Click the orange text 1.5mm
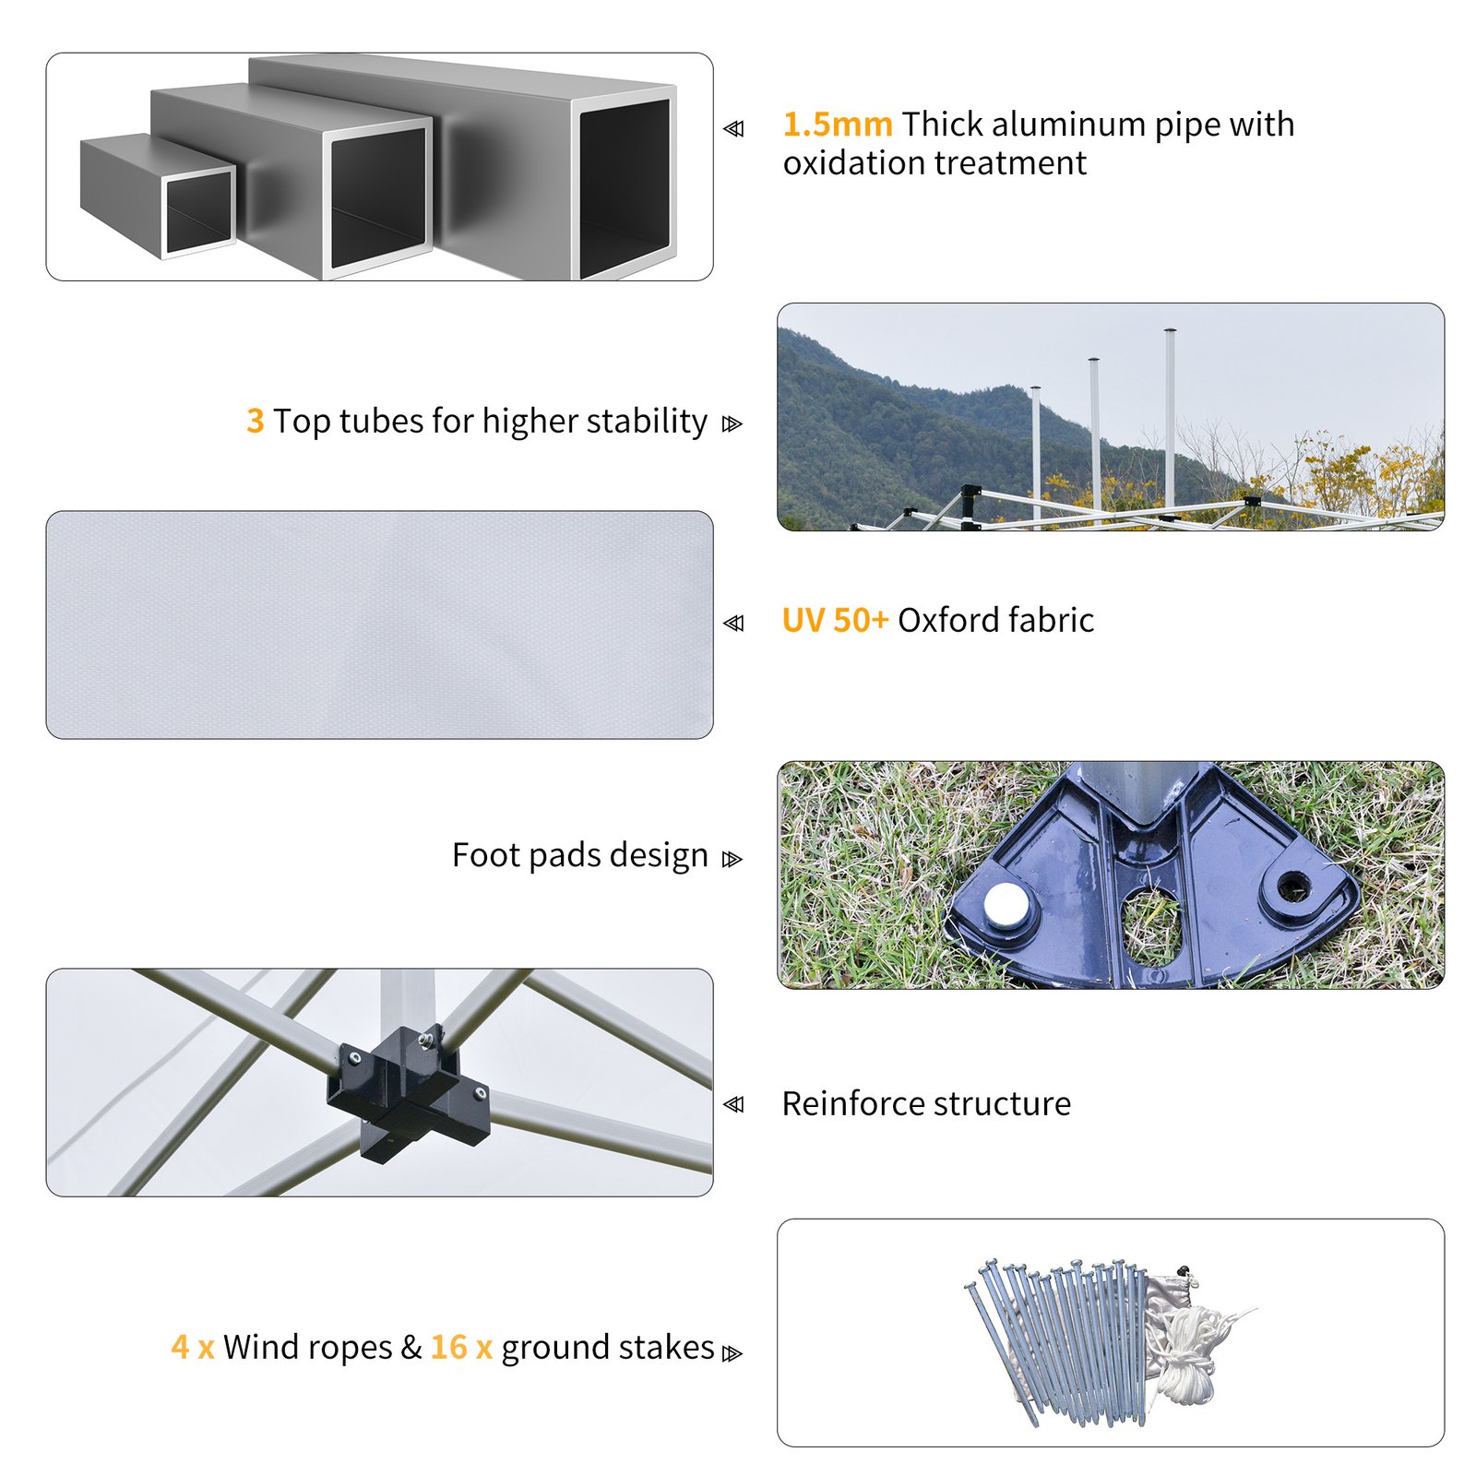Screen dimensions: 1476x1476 click(837, 124)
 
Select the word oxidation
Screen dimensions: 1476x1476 click(853, 162)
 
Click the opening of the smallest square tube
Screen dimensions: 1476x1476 click(197, 210)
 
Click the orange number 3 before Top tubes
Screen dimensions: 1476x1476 click(256, 421)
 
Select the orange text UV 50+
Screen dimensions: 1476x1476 click(835, 620)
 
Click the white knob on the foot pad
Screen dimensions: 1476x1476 click(1004, 905)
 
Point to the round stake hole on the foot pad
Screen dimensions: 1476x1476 click(1293, 888)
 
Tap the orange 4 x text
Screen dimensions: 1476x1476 click(193, 1347)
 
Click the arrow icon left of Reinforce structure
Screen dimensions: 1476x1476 click(733, 1104)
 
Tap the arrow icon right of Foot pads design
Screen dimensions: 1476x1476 click(732, 859)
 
